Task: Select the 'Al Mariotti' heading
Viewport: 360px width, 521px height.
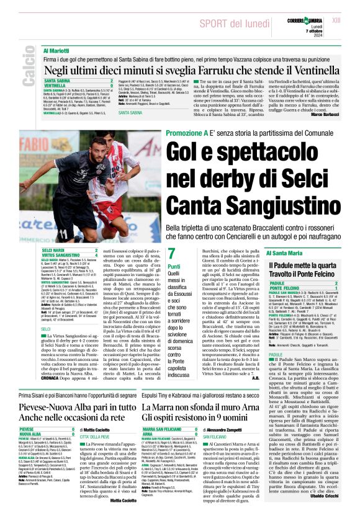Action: [x=56, y=49]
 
